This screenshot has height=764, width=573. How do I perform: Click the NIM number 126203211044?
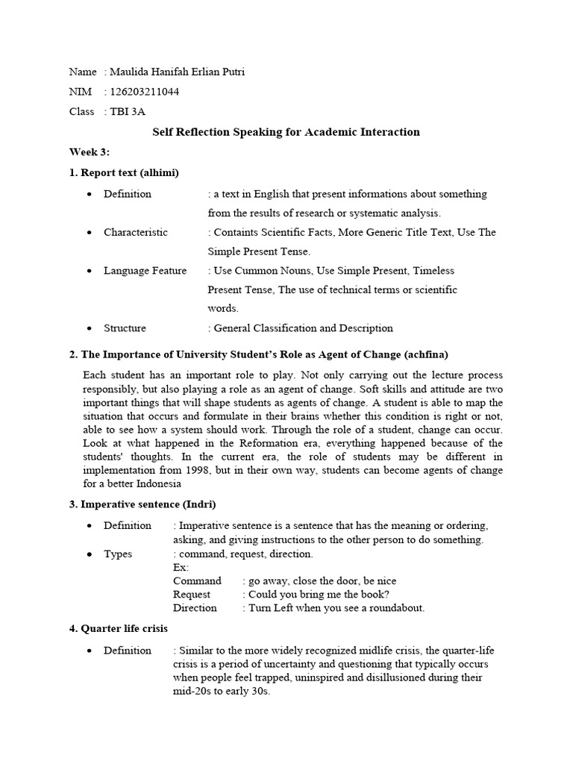click(144, 92)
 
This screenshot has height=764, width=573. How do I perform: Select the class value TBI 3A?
click(127, 111)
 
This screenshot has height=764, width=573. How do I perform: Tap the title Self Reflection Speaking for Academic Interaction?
click(286, 132)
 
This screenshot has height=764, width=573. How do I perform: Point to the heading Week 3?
click(90, 152)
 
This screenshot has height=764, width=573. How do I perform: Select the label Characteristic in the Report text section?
click(136, 232)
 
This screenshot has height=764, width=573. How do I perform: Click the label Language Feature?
click(145, 270)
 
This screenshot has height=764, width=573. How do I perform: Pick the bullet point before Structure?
click(90, 328)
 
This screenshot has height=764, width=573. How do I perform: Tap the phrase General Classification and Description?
click(303, 328)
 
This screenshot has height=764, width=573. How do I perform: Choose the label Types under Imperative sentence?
click(118, 554)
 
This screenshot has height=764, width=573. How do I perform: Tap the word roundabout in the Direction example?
click(395, 607)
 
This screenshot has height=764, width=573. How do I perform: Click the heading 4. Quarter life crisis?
click(119, 628)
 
